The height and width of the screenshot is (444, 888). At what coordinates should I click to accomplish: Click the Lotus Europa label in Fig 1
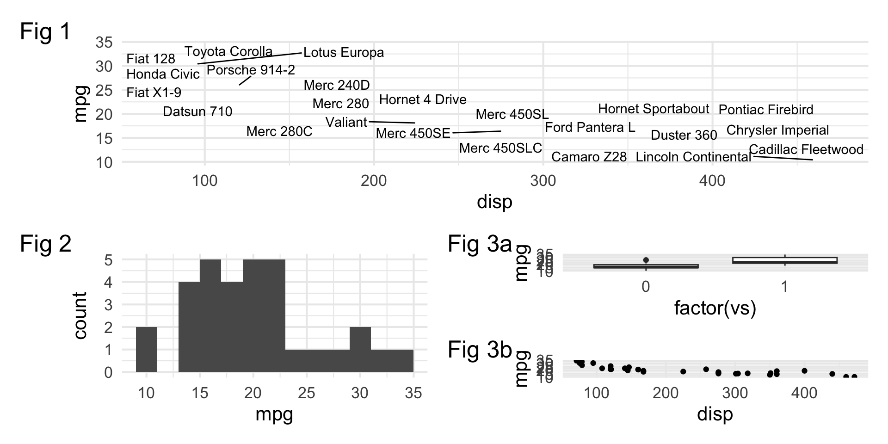point(344,53)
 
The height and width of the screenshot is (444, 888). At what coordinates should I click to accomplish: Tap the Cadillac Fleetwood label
point(806,149)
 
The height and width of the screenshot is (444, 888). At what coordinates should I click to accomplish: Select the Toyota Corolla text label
point(228,51)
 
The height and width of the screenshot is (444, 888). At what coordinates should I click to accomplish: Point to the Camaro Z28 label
point(589,157)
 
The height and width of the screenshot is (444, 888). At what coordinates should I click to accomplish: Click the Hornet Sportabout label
point(653,109)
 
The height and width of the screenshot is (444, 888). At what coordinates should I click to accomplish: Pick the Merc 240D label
point(337,85)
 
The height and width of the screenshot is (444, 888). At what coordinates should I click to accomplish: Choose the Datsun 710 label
point(197,111)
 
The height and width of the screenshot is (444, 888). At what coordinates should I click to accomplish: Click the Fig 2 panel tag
point(46,244)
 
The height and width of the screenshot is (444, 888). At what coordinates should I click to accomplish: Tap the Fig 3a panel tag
point(480,244)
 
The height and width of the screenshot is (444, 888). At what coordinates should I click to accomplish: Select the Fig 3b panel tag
point(480,350)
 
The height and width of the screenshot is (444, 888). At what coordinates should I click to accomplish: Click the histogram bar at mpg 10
point(147,350)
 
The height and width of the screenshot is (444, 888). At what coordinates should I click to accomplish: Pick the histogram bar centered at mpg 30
point(360,350)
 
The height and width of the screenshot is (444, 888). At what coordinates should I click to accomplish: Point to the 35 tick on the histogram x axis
point(413,393)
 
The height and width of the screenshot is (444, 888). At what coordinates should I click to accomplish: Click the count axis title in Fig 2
point(80,315)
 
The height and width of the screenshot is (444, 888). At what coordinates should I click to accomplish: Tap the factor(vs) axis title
point(715,308)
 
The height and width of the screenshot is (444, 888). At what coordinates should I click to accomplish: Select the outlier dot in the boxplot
point(646,260)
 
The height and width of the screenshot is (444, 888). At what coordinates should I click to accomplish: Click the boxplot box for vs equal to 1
point(785,260)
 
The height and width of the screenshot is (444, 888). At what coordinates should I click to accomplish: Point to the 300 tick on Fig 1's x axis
point(543,180)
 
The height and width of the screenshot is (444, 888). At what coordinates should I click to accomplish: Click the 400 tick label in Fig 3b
point(804,393)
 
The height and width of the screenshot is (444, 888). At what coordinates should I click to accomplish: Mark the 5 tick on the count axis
point(108,260)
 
